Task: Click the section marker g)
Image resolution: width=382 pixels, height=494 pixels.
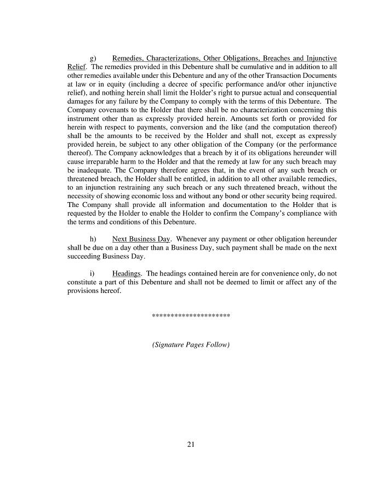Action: (93, 58)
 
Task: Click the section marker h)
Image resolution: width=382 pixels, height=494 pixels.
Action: (93, 239)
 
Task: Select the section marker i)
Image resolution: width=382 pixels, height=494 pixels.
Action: (92, 273)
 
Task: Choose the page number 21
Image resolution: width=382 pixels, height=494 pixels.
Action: (191, 444)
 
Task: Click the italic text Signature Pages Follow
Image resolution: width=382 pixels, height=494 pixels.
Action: (191, 345)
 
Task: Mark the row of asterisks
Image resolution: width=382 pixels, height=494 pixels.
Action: (191, 317)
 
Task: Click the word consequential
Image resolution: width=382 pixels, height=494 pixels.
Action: (314, 93)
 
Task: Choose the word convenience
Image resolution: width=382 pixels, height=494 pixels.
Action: (251, 273)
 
